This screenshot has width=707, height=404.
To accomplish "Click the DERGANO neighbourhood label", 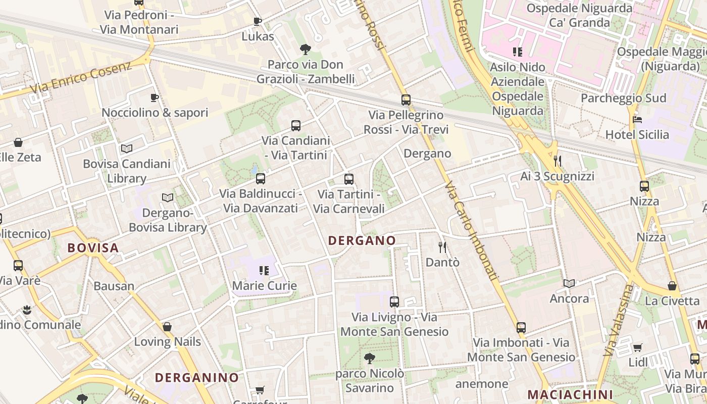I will pos(362,240).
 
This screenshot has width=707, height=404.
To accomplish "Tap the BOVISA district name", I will pos(93,248).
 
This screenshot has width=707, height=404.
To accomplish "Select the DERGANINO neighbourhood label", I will pos(196,378).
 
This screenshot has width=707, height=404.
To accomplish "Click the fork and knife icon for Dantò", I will pos(443,247).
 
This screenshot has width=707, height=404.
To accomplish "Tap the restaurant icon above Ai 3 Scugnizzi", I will pos(558,161).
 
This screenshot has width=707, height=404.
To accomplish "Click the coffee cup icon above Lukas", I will pos(258,21).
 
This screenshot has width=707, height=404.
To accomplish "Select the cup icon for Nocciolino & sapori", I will pos(155,97).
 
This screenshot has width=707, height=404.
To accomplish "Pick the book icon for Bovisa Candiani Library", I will pos(127,148).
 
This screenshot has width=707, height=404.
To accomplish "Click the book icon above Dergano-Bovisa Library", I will pos(168,197).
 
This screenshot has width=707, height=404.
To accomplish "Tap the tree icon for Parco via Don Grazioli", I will pos(305,49).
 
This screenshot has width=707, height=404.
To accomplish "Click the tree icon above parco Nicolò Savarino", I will pos(370,359).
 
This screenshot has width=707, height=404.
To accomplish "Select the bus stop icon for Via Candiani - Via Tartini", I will pos(296,126).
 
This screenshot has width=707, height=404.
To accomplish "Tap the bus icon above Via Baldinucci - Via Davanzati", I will pos(261,178).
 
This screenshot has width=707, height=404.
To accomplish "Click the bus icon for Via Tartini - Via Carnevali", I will pos(349,179).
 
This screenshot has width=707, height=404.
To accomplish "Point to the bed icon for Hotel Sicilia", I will pos(637,120).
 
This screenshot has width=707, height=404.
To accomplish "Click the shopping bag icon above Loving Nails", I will pos(167,327).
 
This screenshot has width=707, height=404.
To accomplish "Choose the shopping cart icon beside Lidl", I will pos(638,347).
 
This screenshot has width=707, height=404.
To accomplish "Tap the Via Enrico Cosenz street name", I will pos(81,77).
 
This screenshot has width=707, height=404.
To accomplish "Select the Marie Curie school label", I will pos(264,286).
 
